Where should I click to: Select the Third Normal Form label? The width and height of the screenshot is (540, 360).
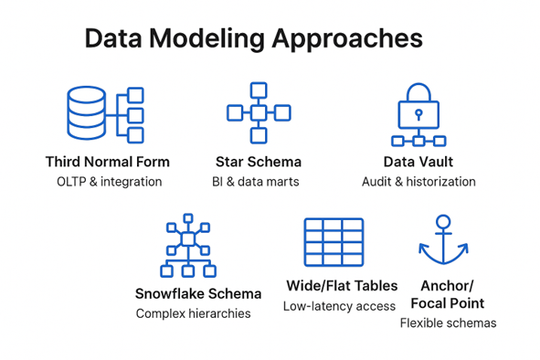(107, 162)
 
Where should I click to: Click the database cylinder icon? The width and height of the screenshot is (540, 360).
(86, 115)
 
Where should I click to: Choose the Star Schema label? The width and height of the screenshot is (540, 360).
(259, 162)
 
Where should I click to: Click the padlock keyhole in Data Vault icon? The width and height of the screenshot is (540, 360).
(418, 115)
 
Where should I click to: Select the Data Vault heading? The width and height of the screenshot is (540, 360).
(418, 162)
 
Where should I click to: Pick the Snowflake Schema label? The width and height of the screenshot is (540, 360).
(198, 294)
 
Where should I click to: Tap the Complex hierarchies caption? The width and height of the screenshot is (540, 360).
(193, 313)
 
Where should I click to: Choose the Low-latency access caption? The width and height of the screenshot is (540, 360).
(339, 306)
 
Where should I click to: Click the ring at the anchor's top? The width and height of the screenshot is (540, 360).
(443, 221)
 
